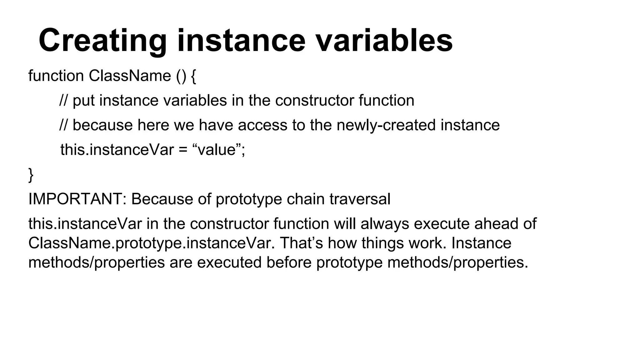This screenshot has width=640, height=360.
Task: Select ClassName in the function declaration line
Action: [130, 76]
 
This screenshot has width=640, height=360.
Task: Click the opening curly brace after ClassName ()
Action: [193, 77]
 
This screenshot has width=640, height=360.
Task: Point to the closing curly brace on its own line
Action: [31, 175]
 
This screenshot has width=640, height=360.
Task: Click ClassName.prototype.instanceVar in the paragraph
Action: [152, 243]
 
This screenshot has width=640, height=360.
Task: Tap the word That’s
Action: [301, 243]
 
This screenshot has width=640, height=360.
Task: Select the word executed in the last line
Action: [229, 262]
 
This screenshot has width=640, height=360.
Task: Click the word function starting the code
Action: [56, 76]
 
